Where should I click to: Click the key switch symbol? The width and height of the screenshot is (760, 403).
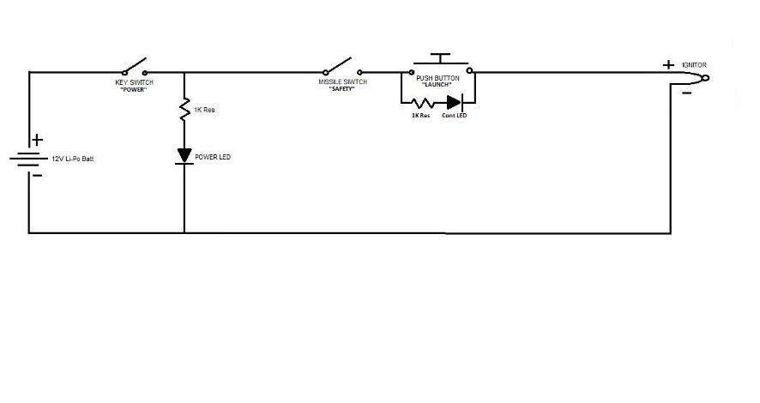pyautogui.click(x=135, y=67)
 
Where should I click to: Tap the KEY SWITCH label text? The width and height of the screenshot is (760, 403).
pyautogui.click(x=135, y=82)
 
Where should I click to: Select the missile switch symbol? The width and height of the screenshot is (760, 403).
pyautogui.click(x=343, y=66)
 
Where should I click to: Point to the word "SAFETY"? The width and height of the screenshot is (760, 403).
pyautogui.click(x=342, y=89)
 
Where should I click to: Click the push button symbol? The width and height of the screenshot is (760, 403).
pyautogui.click(x=440, y=64)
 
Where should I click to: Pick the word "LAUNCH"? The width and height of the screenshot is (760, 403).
pyautogui.click(x=437, y=85)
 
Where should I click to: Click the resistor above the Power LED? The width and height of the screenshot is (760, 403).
pyautogui.click(x=184, y=110)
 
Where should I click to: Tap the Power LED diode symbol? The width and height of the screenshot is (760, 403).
pyautogui.click(x=184, y=156)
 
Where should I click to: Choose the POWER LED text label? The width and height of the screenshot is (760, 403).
pyautogui.click(x=213, y=157)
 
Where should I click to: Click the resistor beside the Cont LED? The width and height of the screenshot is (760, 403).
pyautogui.click(x=423, y=103)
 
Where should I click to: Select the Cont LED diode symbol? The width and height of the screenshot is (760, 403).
pyautogui.click(x=455, y=102)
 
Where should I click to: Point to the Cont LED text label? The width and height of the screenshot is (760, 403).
pyautogui.click(x=454, y=116)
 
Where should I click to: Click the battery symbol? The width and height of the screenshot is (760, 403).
pyautogui.click(x=28, y=159)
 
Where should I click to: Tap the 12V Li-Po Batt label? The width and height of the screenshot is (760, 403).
pyautogui.click(x=73, y=159)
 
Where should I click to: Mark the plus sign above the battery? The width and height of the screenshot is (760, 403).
pyautogui.click(x=38, y=140)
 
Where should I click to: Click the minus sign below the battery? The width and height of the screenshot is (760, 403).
pyautogui.click(x=37, y=175)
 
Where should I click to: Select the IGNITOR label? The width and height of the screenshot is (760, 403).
pyautogui.click(x=694, y=65)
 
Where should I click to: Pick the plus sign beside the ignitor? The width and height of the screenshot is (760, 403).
pyautogui.click(x=668, y=64)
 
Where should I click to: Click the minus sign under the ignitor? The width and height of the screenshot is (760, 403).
pyautogui.click(x=687, y=93)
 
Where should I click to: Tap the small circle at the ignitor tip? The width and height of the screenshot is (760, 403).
pyautogui.click(x=706, y=78)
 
